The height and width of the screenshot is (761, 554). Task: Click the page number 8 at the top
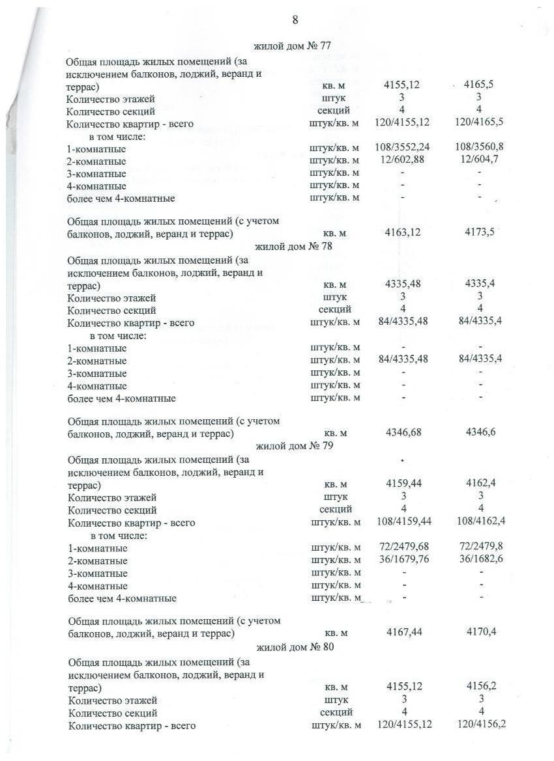[x=295, y=20]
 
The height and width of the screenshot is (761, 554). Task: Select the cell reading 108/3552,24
[x=403, y=148]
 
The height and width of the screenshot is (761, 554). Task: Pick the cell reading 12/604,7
[x=479, y=160]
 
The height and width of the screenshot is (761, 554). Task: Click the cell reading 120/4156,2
[x=482, y=725]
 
